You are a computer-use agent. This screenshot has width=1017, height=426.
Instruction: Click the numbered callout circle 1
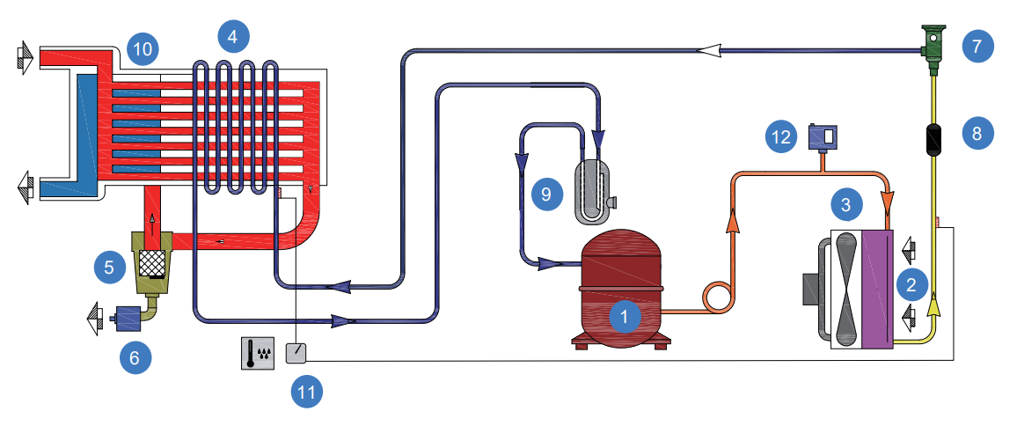click(x=626, y=315)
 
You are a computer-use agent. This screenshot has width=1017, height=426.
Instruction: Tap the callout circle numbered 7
click(x=977, y=46)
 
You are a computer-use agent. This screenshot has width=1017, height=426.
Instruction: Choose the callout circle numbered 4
click(x=233, y=36)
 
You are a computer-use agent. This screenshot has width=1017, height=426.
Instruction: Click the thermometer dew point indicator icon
click(x=258, y=353)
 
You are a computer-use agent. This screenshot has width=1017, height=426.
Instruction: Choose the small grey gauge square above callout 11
click(x=298, y=351)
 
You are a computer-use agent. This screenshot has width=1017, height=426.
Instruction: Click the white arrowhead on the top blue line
click(x=710, y=52)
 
